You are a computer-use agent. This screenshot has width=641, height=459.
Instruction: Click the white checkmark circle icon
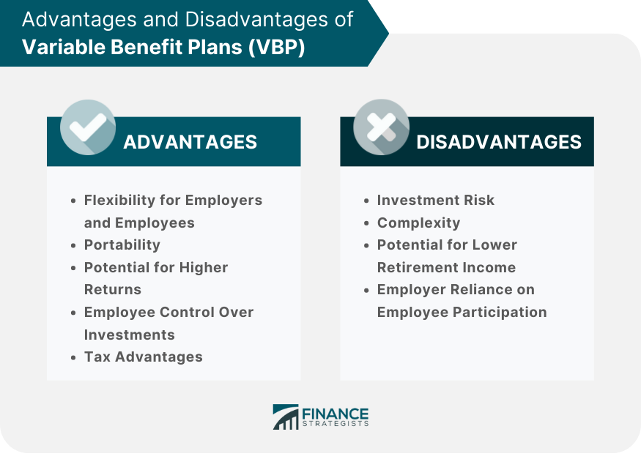coord(88,127)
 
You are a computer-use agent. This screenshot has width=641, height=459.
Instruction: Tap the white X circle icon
coord(381,127)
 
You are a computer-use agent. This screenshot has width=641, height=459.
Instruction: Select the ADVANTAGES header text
coord(190,142)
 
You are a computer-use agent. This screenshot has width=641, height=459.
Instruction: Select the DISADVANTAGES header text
coord(499,142)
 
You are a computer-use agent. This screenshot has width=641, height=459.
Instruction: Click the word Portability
coord(122,245)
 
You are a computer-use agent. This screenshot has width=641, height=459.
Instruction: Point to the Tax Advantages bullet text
coord(143,357)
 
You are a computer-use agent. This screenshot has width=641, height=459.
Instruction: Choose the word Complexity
coord(418,223)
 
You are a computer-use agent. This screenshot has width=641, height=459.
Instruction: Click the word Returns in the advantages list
coord(112,289)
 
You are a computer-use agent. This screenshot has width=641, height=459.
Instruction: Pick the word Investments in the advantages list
coord(129,335)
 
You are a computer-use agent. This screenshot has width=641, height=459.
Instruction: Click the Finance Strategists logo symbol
coord(285,417)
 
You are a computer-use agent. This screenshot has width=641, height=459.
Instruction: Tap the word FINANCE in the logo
coord(336,413)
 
